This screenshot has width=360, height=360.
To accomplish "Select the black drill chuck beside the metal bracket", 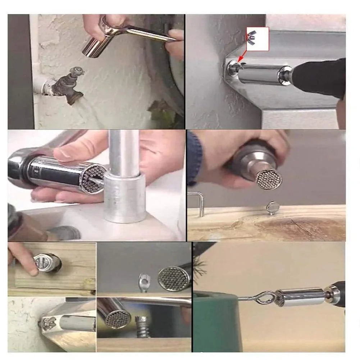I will click(x=316, y=77).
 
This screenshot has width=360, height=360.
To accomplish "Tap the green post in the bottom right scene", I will click(x=216, y=324).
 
